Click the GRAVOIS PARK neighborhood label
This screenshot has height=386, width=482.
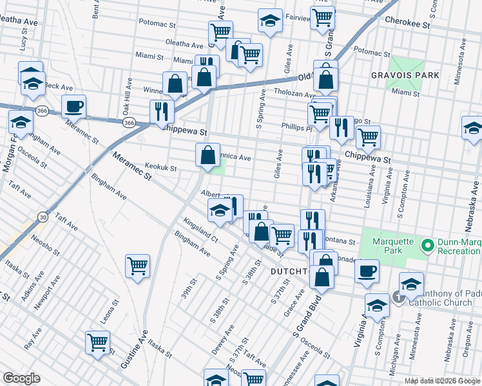pyautogui.click(x=405, y=75)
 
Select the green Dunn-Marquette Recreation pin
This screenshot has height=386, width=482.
pyautogui.click(x=427, y=245)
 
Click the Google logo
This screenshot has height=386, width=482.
pyautogui.click(x=21, y=378)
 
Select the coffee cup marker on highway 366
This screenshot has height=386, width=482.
pyautogui.click(x=73, y=106)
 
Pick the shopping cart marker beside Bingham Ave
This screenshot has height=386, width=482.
pyautogui.click(x=138, y=264)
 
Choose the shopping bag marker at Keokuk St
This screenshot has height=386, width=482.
pyautogui.click(x=207, y=155)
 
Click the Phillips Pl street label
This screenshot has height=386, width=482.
pyautogui.click(x=296, y=127)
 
